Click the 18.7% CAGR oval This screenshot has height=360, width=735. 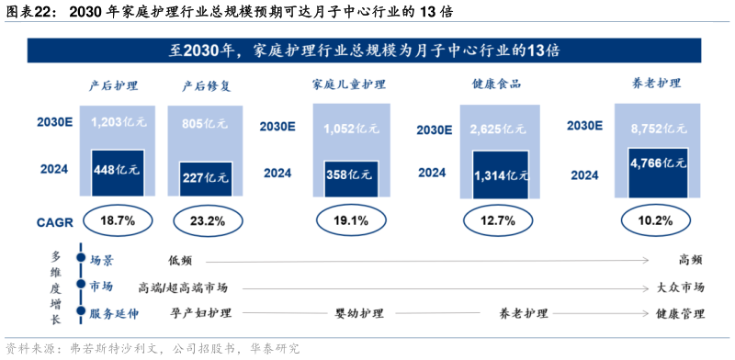click(117, 220)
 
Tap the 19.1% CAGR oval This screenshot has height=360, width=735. click(349, 220)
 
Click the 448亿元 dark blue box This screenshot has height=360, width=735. click(117, 170)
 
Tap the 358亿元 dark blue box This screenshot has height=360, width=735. click(349, 174)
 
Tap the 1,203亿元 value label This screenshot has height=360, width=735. click(117, 121)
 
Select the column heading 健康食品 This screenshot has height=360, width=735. click(496, 85)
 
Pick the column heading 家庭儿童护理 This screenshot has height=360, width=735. click(349, 85)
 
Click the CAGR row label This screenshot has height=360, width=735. click(50, 221)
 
